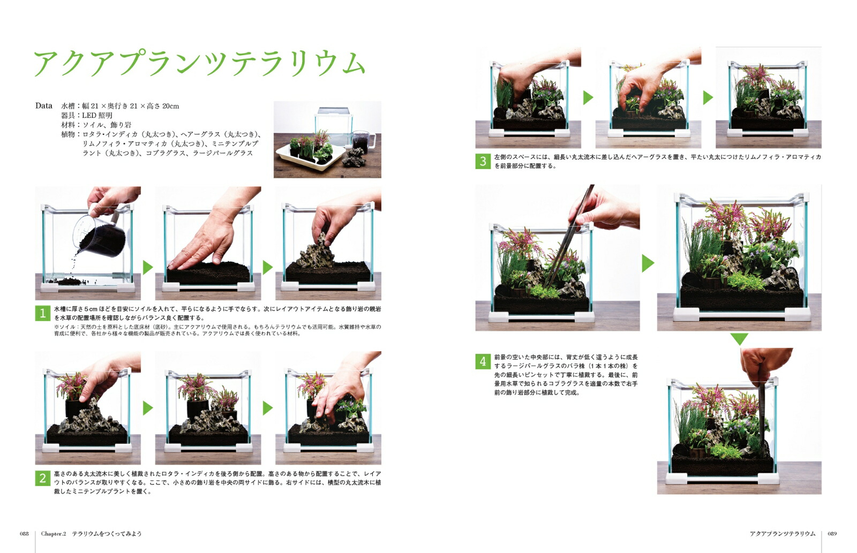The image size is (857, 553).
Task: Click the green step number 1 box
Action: click(42, 313)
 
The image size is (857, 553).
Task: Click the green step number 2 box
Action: click(42, 478)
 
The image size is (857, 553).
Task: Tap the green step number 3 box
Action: click(483, 161)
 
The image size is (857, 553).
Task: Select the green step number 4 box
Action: click(483, 361)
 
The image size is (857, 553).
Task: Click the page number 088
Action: click(24, 534)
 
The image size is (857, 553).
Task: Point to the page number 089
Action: click(832, 534)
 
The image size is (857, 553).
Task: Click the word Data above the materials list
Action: click(43, 106)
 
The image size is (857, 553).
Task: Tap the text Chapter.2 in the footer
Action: click(54, 534)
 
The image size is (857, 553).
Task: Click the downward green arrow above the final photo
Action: click(739, 338)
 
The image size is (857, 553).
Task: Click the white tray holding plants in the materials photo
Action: click(310, 157)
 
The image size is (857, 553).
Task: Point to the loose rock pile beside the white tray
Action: click(354, 157)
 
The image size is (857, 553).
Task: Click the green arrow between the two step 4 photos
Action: click(648, 263)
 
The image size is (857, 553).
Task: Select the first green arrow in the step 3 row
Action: click(588, 98)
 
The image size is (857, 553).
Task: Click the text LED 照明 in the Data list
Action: click(97, 116)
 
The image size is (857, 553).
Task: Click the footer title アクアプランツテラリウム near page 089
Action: click(783, 534)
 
